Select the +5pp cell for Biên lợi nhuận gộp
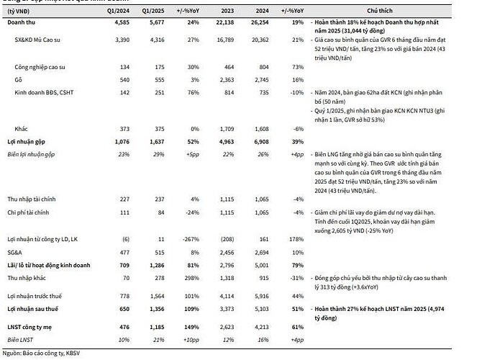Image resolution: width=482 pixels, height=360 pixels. [x=192, y=153]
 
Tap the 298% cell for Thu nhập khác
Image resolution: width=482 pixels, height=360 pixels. [x=192, y=277]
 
